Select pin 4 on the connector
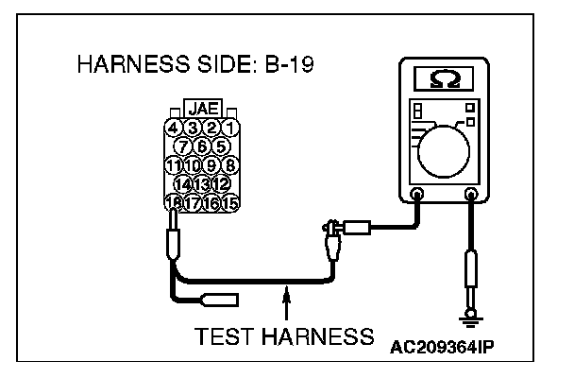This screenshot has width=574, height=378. coord(172,127)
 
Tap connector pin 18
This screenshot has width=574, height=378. coord(173,201)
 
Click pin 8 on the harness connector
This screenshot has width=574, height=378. coord(228,163)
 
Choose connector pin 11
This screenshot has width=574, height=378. coord(173,163)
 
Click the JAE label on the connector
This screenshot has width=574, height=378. coord(200,110)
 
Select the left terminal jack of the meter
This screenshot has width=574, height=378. coord(417,195)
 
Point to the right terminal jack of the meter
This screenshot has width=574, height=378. coord(471,195)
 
